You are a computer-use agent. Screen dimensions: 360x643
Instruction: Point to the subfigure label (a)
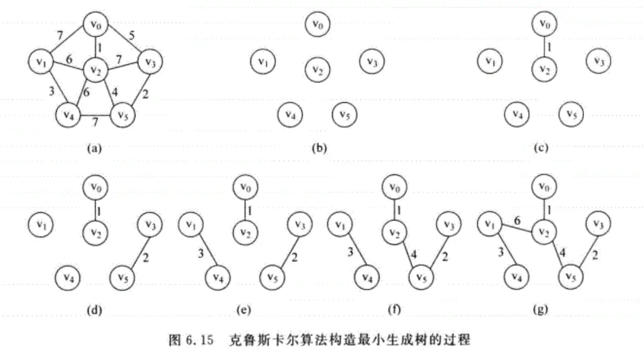[x=94, y=148]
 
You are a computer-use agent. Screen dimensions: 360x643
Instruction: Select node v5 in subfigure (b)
[x=344, y=115]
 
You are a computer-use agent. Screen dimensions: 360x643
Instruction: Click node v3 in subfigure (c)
[x=598, y=60]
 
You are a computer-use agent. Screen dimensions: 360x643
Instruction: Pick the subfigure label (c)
[x=543, y=148]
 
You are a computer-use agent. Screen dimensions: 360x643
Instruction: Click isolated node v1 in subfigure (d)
[x=40, y=223]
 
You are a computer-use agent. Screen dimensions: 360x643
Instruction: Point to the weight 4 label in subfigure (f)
[x=413, y=254]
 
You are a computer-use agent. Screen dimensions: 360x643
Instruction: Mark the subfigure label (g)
[x=542, y=310]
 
